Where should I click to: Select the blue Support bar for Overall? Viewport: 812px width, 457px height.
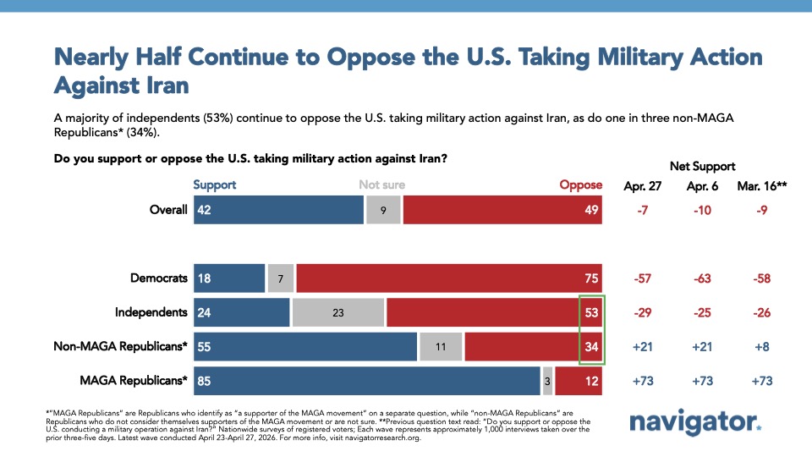[278, 209]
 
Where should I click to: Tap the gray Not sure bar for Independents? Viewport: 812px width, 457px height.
[337, 312]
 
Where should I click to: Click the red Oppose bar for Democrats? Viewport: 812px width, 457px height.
[449, 278]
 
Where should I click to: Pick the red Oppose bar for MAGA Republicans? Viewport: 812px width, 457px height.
[579, 381]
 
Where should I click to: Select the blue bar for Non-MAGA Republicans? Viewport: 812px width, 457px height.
[305, 346]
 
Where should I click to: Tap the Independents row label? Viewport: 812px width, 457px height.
[151, 312]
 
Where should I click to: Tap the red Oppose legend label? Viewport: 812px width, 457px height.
[581, 184]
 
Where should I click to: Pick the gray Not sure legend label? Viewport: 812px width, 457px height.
[381, 184]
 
